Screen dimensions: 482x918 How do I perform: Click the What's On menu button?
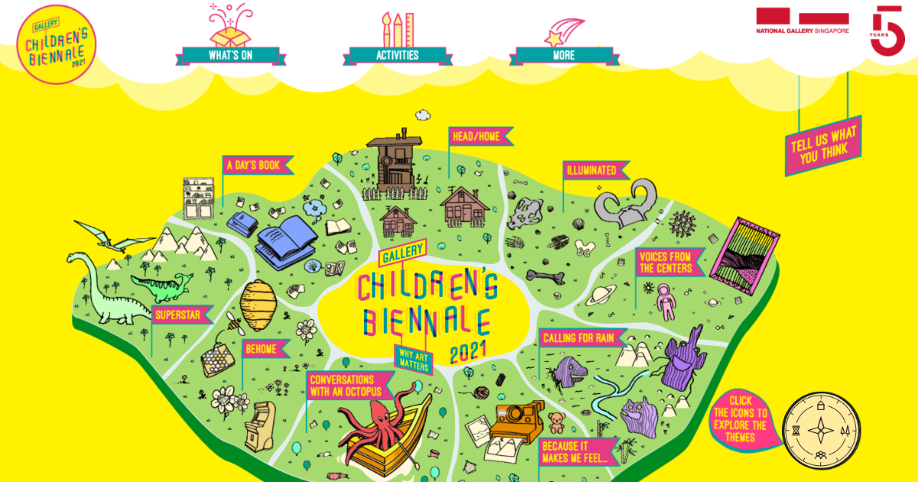tap(230, 55)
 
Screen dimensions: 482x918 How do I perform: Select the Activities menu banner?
tap(397, 55)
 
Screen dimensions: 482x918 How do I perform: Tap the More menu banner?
tap(564, 55)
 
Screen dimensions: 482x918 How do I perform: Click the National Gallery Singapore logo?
tap(802, 23)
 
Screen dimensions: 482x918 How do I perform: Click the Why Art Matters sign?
tap(413, 358)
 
